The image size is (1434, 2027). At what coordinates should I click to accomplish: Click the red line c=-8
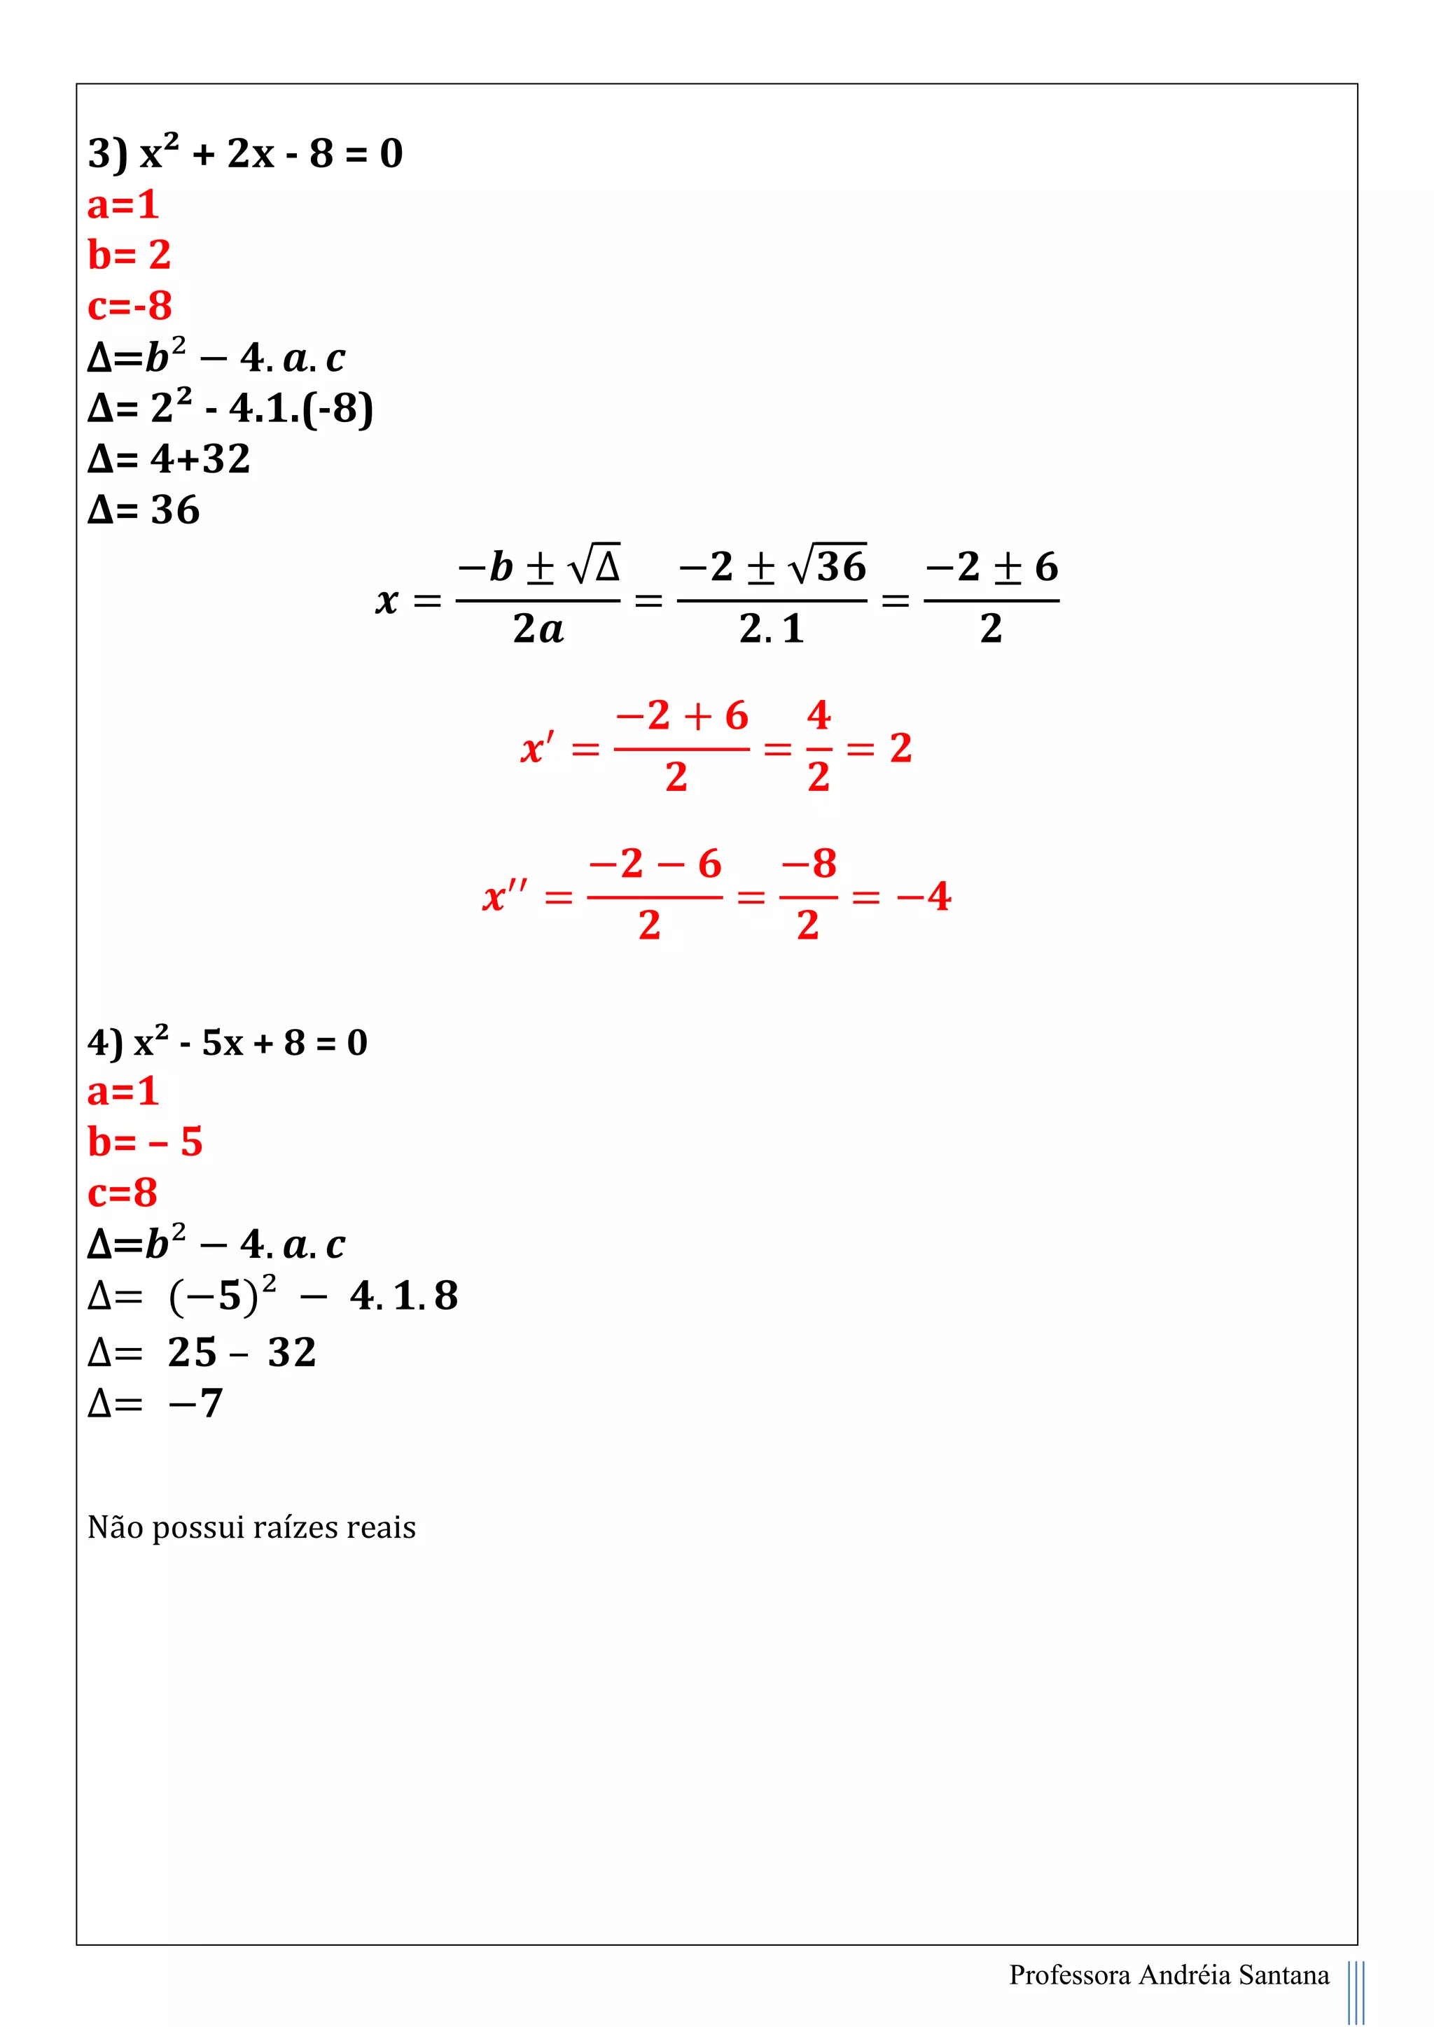tap(130, 307)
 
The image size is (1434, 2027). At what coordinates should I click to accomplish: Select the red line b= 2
tap(129, 255)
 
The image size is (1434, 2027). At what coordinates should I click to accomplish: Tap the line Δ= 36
tap(144, 510)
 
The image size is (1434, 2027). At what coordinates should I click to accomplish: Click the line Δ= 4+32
tap(169, 459)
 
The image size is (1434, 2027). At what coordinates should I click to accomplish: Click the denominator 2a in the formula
tap(538, 629)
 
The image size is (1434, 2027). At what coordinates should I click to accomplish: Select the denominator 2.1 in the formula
tap(771, 629)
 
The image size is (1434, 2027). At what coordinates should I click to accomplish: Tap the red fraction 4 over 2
tap(819, 747)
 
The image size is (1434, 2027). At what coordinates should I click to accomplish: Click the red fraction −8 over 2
tap(808, 895)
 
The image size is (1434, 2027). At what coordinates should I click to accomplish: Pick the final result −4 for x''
tap(924, 897)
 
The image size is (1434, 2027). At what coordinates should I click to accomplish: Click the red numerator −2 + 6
tap(682, 716)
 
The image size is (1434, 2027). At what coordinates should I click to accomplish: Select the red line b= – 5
tap(145, 1142)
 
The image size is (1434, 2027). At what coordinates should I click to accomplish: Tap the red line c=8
tap(122, 1193)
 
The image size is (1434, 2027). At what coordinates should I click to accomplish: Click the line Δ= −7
tap(155, 1403)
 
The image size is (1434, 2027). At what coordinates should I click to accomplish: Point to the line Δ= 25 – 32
tap(202, 1352)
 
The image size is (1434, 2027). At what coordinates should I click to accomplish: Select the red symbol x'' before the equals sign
tap(505, 897)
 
